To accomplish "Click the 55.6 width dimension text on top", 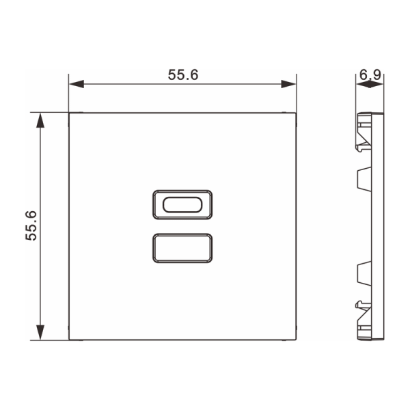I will click(182, 74).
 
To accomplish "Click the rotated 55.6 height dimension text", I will click(30, 225).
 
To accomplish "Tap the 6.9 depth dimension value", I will click(369, 73).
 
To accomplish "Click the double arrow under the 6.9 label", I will click(369, 85).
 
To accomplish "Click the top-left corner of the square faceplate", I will click(70, 113).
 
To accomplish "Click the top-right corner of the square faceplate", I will click(297, 113).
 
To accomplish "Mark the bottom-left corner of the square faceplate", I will click(70, 340).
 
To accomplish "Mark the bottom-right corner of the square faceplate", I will click(297, 340).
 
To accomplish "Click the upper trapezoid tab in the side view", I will click(361, 179).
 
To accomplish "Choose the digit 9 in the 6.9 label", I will click(376, 73).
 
